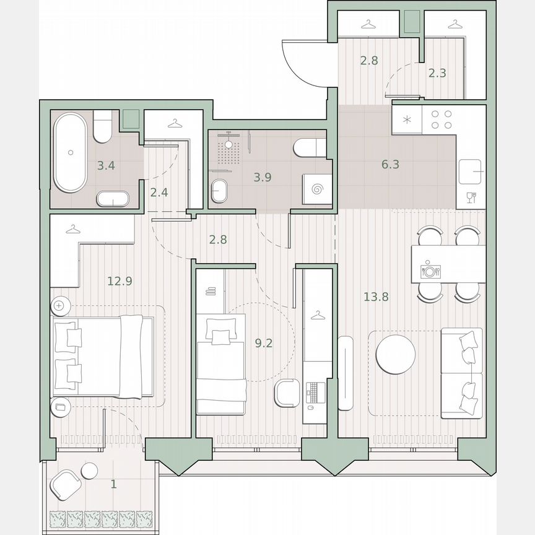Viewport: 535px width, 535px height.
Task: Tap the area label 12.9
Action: click(x=120, y=281)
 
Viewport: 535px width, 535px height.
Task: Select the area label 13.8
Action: click(x=376, y=297)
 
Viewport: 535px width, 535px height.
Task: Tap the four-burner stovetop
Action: click(x=440, y=119)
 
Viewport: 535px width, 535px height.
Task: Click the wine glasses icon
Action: click(x=471, y=198)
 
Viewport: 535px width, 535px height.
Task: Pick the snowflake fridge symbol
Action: click(x=407, y=119)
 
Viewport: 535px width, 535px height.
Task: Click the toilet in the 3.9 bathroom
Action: click(x=308, y=147)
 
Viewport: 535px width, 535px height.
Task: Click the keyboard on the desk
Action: click(x=315, y=391)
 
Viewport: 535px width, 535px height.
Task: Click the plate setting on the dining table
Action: click(x=429, y=270)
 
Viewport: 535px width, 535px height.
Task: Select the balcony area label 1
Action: click(x=113, y=484)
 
